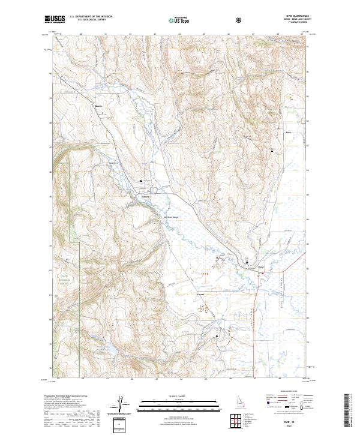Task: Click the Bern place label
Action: pos(288,133)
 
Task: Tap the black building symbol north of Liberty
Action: pos(142,181)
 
